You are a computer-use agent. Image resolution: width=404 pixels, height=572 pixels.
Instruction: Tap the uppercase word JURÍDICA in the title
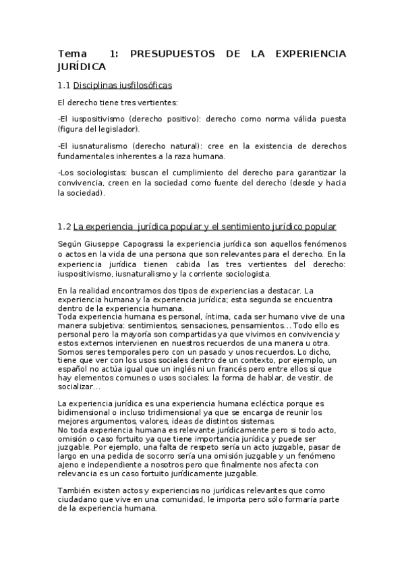(82, 67)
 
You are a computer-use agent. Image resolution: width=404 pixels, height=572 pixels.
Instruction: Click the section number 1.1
(64, 86)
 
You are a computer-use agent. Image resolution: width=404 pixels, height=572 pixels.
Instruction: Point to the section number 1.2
(64, 227)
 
